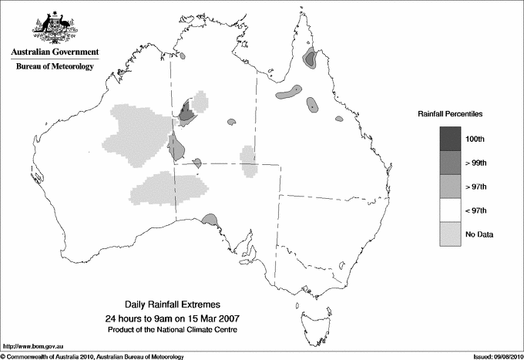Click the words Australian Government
click(x=55, y=52)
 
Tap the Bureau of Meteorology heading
click(x=55, y=67)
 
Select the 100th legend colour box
click(x=452, y=139)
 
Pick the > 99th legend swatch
click(x=452, y=163)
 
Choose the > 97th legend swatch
click(x=452, y=187)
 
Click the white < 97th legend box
click(x=452, y=210)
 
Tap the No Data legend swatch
click(x=452, y=234)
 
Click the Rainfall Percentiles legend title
click(x=450, y=113)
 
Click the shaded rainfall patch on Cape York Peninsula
click(x=311, y=58)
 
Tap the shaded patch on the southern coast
click(x=208, y=221)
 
